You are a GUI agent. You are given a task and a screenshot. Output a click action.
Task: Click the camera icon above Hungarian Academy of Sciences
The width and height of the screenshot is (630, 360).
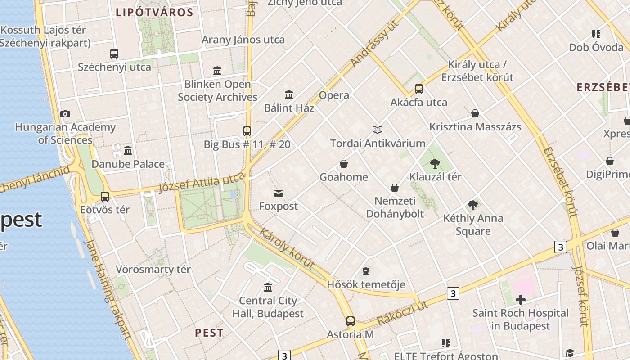pos(65,114)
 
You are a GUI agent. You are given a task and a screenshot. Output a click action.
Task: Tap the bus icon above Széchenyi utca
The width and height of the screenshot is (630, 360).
pos(114,54)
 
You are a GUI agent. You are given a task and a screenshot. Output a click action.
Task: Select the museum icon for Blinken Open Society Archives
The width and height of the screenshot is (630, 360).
pos(217,71)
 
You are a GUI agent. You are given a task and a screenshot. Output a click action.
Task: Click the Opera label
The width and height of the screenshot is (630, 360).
pos(334,95)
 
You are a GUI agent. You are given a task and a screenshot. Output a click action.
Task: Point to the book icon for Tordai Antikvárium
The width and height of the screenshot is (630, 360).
pos(378,130)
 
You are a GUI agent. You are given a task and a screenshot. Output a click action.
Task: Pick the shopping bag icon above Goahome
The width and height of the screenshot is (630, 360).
pos(344,164)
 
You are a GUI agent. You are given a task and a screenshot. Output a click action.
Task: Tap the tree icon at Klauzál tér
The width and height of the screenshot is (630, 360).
pos(435,164)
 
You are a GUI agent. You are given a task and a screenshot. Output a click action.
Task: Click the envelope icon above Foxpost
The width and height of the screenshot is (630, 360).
pos(279,193)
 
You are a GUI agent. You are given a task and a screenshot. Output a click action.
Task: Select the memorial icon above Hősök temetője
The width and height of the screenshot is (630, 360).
pos(366,271)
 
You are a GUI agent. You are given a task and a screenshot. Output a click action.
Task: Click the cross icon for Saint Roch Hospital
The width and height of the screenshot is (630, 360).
pos(521,300)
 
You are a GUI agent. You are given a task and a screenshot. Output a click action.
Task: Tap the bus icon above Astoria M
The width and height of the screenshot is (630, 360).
pos(351,321)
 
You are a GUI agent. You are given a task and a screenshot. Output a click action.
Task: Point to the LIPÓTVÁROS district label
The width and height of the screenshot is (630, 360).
pos(154,13)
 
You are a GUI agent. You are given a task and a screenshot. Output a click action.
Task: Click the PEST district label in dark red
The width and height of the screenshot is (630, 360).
pos(209,333)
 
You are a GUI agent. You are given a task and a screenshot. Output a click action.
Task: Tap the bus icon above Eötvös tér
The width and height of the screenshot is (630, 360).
pos(105,197)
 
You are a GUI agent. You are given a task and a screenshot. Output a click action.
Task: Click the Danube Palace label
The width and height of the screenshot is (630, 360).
pos(128,164)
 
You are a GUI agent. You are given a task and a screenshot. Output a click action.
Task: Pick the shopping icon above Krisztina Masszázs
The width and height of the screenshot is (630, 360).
pos(475,113)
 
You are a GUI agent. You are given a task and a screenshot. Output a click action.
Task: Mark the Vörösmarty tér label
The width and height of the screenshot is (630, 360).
pos(153,270)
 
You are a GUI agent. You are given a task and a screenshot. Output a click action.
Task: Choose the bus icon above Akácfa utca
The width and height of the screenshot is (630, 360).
pos(419,89)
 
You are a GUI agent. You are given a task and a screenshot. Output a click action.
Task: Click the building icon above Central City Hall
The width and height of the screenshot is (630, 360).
pos(268,287)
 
